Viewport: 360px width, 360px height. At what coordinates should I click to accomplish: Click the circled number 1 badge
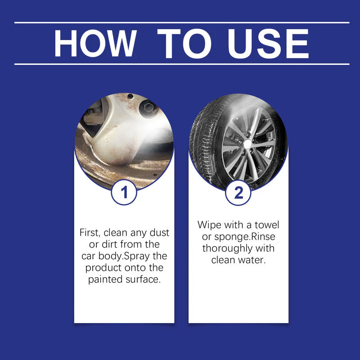(x=124, y=193)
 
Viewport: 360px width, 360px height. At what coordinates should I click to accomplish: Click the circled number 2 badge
(x=238, y=193)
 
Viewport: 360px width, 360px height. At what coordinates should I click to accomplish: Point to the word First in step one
(x=89, y=233)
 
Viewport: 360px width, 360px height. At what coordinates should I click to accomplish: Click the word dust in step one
(x=158, y=233)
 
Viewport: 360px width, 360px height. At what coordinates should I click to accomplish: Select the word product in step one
(x=104, y=268)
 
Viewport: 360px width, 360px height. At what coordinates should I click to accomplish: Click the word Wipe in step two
(x=209, y=225)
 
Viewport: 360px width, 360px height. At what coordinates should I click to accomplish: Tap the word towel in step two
(x=267, y=225)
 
